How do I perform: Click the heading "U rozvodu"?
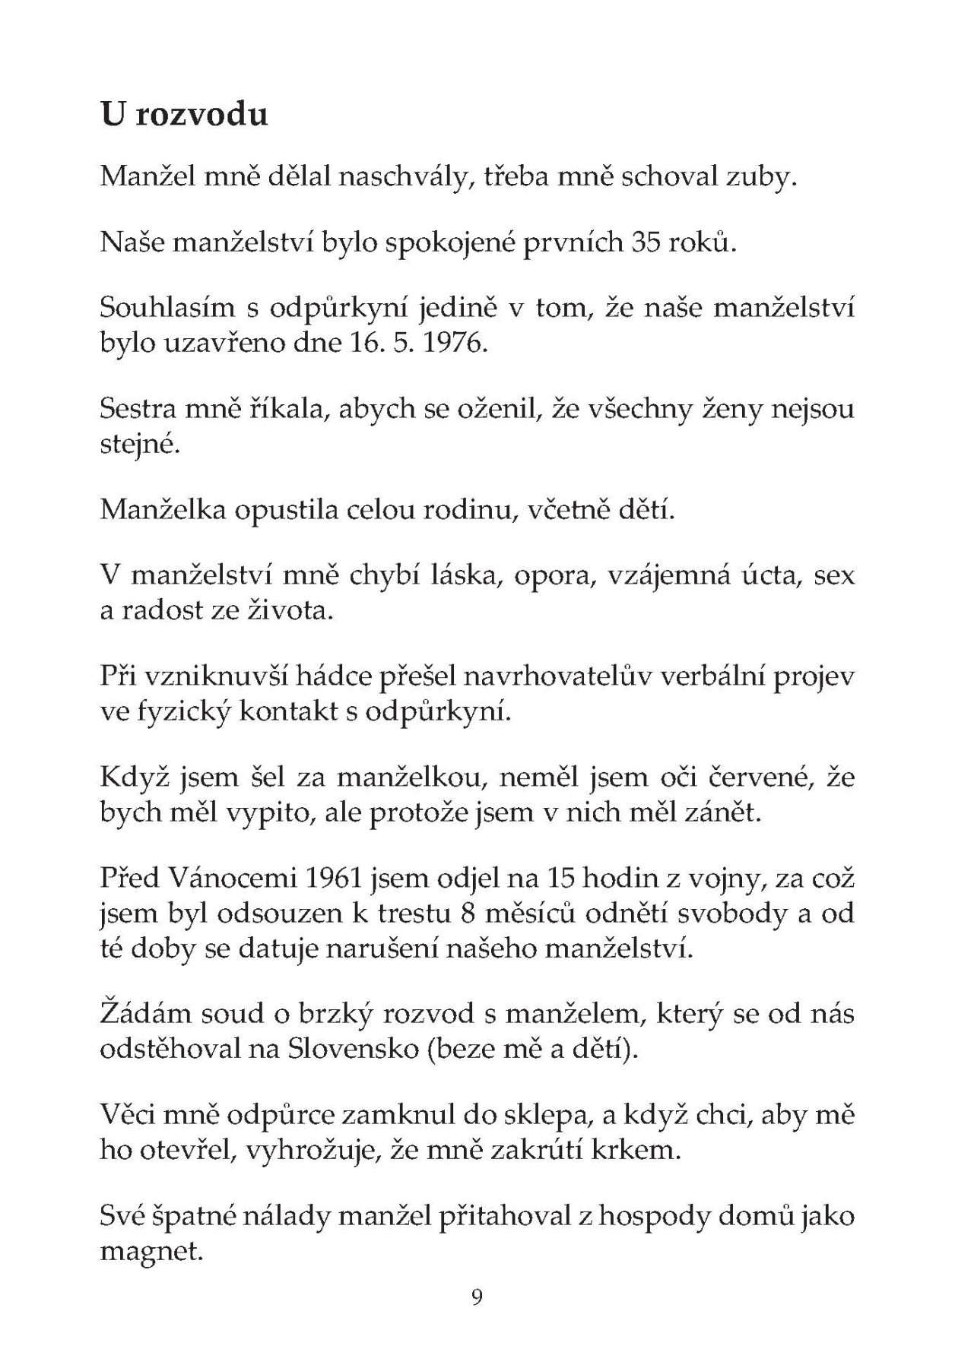tap(184, 115)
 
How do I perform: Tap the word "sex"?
tap(834, 575)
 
